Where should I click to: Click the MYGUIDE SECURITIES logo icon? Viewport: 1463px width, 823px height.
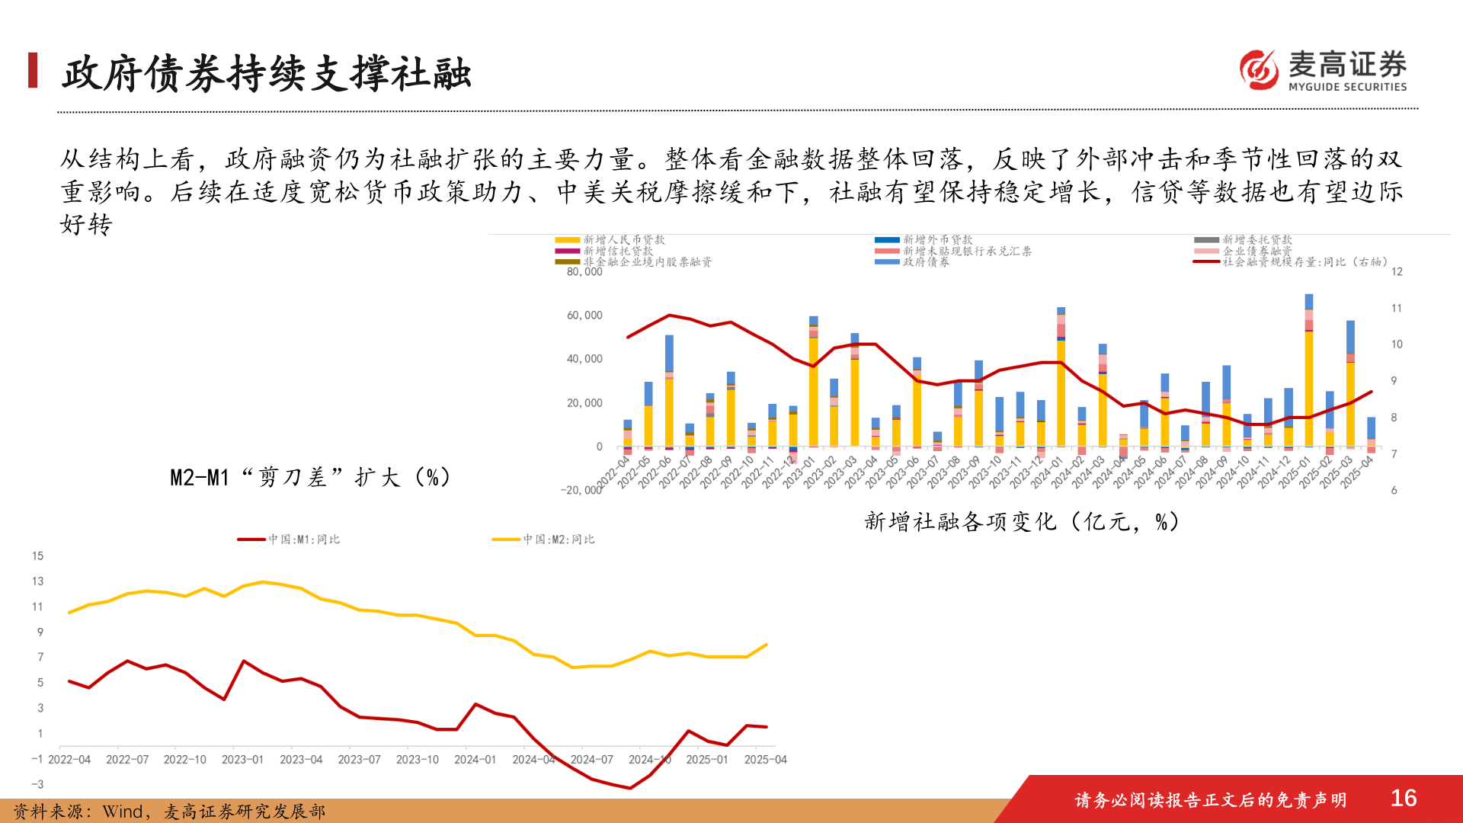tap(1259, 70)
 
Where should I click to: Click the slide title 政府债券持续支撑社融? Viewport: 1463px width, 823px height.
tap(267, 74)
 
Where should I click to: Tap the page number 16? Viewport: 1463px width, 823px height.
tap(1403, 798)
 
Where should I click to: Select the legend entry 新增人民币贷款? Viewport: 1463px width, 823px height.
tap(624, 240)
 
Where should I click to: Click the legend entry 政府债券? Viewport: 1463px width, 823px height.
tap(926, 262)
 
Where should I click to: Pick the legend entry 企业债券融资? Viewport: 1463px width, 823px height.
tap(1257, 251)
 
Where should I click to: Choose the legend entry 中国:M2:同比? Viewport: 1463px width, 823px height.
tap(559, 540)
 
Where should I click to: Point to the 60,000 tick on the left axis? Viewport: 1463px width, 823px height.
tap(584, 315)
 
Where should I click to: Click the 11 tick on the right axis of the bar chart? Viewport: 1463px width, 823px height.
tap(1396, 309)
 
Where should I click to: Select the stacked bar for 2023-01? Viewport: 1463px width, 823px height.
tap(813, 381)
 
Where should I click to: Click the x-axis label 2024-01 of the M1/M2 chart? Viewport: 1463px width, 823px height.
tap(475, 760)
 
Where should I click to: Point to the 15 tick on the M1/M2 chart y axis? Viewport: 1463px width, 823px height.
tap(38, 556)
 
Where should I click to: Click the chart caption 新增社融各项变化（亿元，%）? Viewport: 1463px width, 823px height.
tap(1022, 522)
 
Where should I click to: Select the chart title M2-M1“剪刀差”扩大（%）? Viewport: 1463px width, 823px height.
tap(311, 478)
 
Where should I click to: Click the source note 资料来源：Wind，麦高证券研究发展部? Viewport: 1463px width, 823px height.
tap(169, 812)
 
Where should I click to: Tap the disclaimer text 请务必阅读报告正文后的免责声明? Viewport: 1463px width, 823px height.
tap(1210, 800)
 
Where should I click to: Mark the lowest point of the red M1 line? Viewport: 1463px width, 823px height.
tap(630, 788)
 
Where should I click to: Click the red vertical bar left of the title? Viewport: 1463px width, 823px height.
tap(33, 70)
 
